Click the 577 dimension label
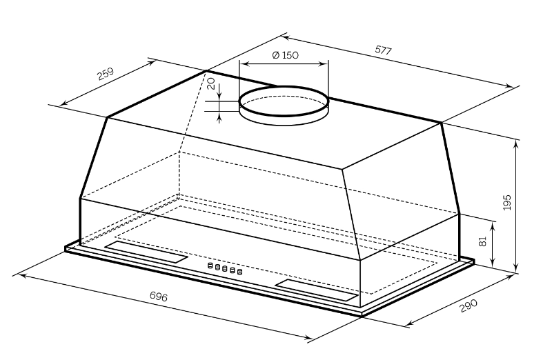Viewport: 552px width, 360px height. (x=383, y=50)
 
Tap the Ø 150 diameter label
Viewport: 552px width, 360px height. (x=286, y=55)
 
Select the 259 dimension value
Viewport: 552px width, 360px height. (x=106, y=74)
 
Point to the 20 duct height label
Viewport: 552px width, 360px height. (x=210, y=83)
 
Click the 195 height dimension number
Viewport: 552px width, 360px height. (x=507, y=202)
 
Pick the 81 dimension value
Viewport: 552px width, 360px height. (x=482, y=241)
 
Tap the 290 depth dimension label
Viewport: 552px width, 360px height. (x=469, y=306)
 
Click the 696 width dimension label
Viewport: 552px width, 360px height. (x=159, y=297)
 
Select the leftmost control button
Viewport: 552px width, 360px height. (x=210, y=266)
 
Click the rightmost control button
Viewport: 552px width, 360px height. (x=239, y=271)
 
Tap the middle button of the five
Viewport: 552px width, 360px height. (x=225, y=268)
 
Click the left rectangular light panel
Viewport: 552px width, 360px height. (x=146, y=252)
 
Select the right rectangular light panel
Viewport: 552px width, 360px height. (x=317, y=290)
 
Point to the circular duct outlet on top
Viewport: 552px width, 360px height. (x=284, y=106)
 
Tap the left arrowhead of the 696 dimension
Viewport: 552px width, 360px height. (x=21, y=275)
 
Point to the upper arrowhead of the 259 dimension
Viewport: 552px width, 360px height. (x=151, y=63)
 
